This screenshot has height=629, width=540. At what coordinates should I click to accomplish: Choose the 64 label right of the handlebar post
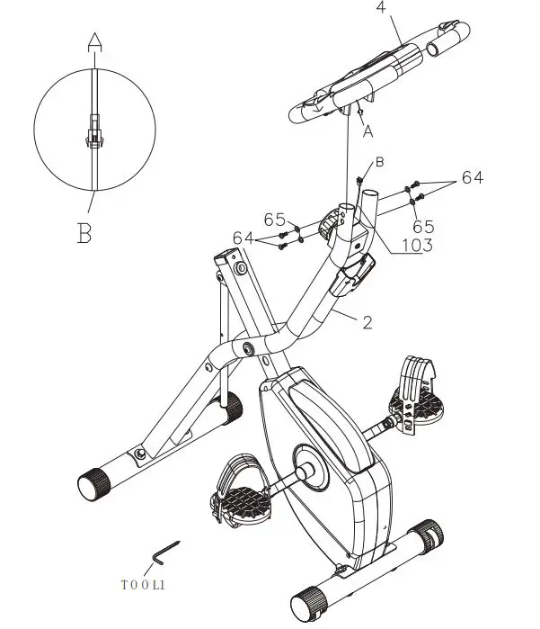[x=473, y=178]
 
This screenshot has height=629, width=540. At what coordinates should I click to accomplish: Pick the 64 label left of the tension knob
[x=243, y=237]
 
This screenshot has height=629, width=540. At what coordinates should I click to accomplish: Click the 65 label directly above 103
[x=424, y=226]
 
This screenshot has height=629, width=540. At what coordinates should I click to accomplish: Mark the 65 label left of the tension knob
[x=274, y=220]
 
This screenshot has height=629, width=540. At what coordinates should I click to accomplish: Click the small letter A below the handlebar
[x=367, y=130]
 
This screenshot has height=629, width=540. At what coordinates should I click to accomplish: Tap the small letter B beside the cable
[x=379, y=162]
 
